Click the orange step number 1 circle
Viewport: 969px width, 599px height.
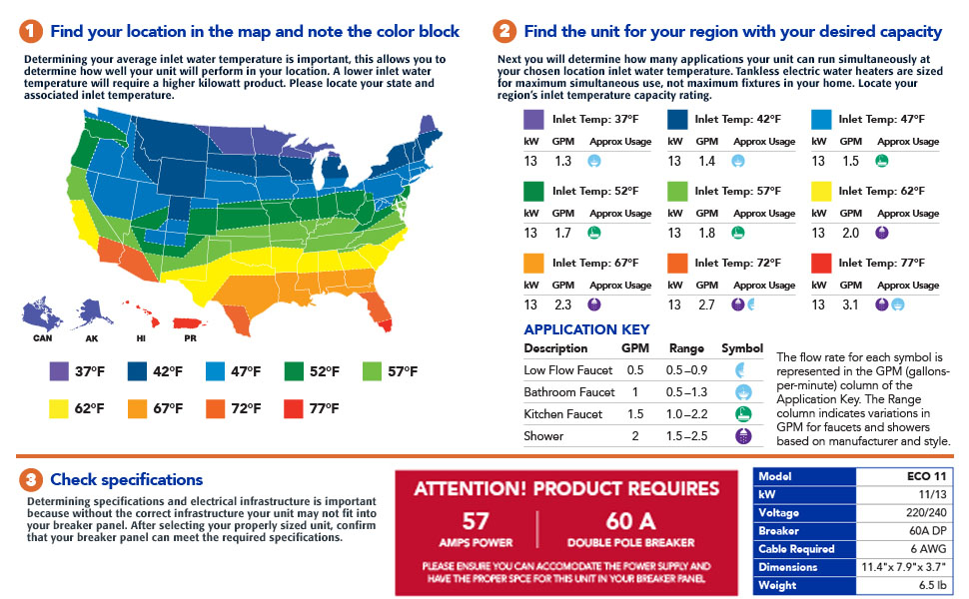tap(32, 31)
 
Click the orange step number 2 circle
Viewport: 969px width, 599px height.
tap(505, 31)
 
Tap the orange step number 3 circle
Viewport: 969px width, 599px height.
tap(32, 480)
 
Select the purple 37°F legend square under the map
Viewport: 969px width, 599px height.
tap(60, 371)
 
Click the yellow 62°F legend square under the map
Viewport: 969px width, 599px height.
tap(60, 408)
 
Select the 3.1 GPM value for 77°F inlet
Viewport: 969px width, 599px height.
tap(849, 304)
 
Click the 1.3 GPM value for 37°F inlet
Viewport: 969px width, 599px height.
tap(562, 161)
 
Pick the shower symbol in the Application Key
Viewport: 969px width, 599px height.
tap(741, 435)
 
